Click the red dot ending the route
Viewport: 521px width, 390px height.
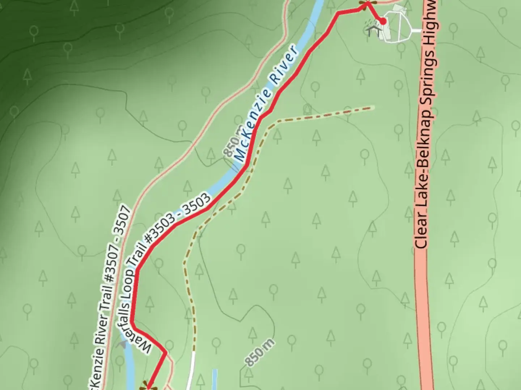(x=382, y=22)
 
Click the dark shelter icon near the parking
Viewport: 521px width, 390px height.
(x=373, y=30)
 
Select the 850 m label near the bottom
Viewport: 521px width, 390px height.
(x=259, y=352)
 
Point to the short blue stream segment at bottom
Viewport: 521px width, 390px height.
(x=215, y=379)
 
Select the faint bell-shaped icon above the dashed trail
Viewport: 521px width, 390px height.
(x=308, y=108)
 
